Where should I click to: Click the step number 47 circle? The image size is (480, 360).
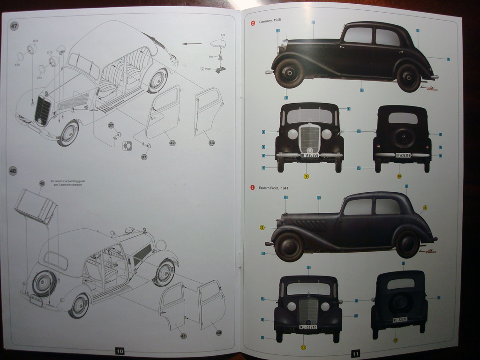[x=14, y=26]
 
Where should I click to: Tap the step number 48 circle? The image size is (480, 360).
[x=13, y=171]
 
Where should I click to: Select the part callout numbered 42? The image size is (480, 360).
[x=172, y=142]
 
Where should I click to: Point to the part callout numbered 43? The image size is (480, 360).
[x=211, y=142]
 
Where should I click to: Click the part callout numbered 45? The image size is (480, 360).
[x=42, y=183]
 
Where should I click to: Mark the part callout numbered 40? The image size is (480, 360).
[x=219, y=332]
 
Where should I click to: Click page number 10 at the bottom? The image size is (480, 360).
[x=120, y=351]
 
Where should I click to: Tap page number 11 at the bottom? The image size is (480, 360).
[x=355, y=353]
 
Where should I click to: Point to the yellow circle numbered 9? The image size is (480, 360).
[x=306, y=176]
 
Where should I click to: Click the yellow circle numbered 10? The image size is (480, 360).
[x=399, y=176]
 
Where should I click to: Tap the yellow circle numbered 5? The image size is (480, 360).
[x=262, y=228]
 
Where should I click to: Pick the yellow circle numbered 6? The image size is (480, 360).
[x=425, y=208]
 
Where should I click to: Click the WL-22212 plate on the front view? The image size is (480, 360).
[x=308, y=327]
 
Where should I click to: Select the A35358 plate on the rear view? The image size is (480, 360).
[x=403, y=155]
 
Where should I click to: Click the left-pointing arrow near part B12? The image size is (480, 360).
[x=191, y=44]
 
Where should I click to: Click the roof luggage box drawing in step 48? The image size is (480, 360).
[x=36, y=206]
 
